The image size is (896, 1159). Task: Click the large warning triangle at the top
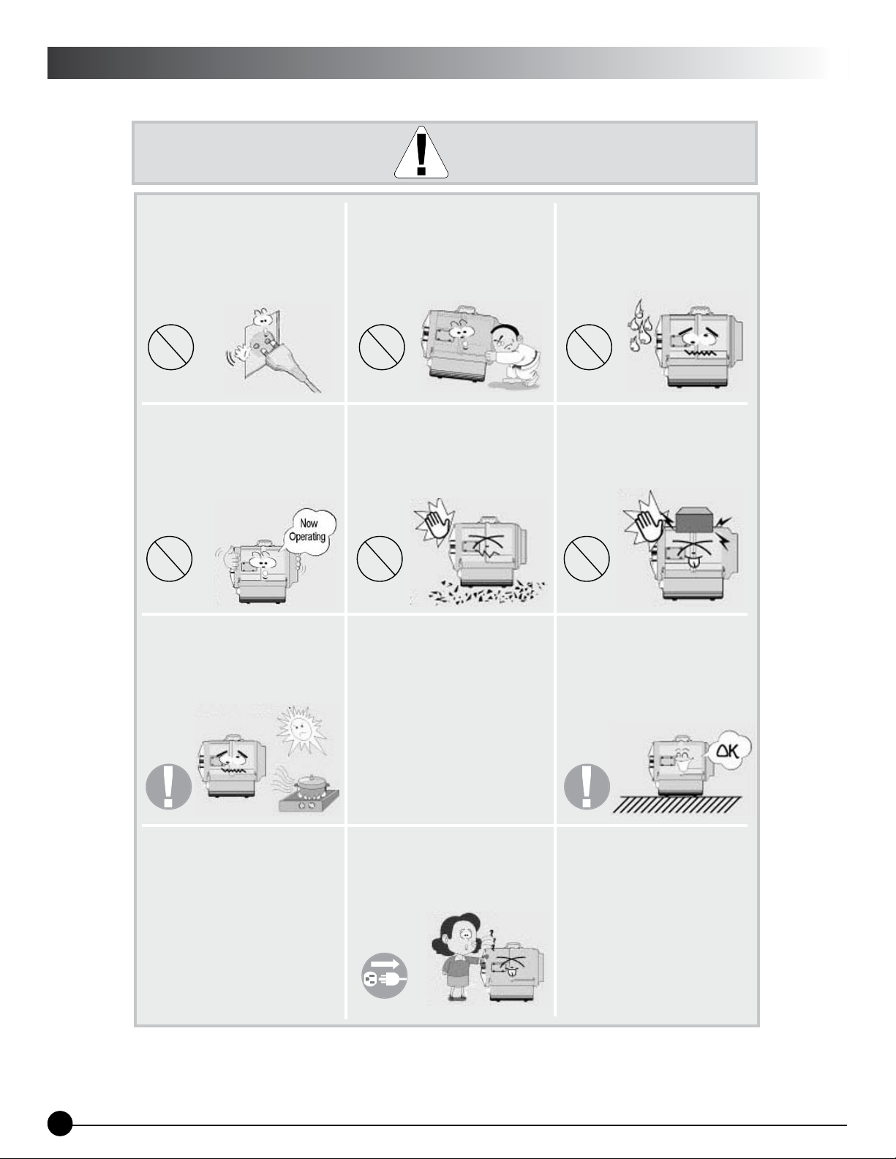point(421,152)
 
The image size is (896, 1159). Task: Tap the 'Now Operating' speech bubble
point(309,532)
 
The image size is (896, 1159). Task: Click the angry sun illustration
point(301,730)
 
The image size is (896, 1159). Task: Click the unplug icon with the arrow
point(385,975)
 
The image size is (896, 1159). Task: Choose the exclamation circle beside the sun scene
point(168,787)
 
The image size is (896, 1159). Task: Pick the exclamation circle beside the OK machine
point(587,787)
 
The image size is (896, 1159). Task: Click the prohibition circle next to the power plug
point(170,347)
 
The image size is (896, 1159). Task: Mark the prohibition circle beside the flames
point(589,347)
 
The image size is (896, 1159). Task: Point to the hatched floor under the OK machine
point(677,804)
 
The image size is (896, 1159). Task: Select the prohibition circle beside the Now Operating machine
point(169,559)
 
